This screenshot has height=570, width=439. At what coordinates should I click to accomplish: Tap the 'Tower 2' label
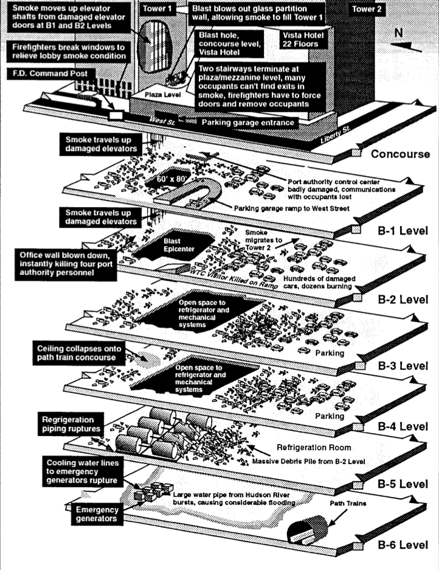pyautogui.click(x=367, y=10)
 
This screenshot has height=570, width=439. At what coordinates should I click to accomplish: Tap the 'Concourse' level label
pyautogui.click(x=400, y=154)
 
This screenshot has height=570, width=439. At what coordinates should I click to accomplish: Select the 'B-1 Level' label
pyautogui.click(x=401, y=231)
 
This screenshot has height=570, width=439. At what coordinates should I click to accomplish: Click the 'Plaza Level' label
pyautogui.click(x=160, y=96)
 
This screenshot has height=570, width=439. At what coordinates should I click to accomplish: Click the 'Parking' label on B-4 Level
pyautogui.click(x=329, y=417)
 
